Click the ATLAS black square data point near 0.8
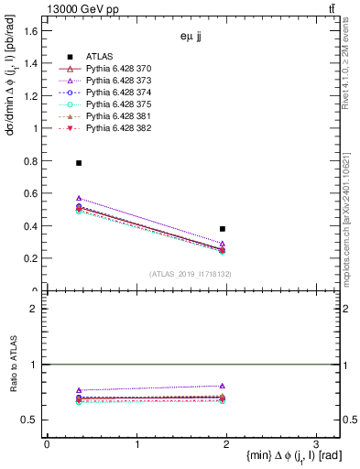(79, 163)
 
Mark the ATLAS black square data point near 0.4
(223, 229)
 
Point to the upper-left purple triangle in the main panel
(79, 198)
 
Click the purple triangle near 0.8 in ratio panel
(223, 386)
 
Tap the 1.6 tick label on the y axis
(31, 31)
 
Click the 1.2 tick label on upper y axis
(31, 96)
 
